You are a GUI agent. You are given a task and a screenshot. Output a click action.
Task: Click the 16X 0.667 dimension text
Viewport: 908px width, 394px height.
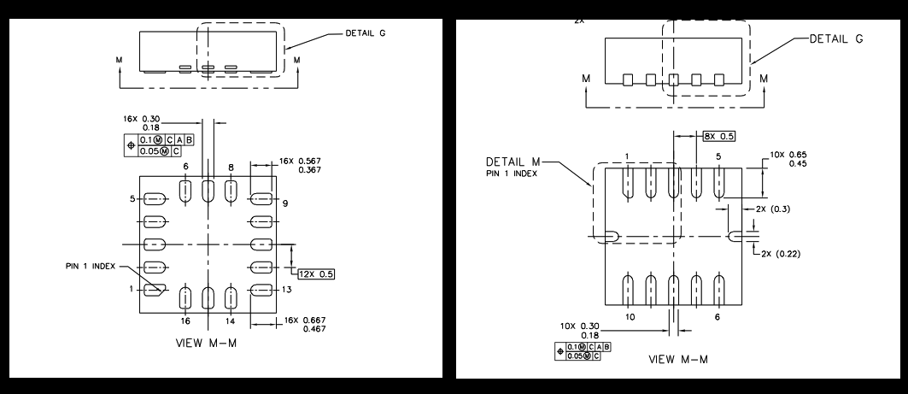tap(299, 325)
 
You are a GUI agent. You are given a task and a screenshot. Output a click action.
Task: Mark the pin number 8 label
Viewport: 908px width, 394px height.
tap(230, 168)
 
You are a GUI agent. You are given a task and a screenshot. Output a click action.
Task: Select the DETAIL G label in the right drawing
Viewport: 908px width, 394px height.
tap(841, 39)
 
